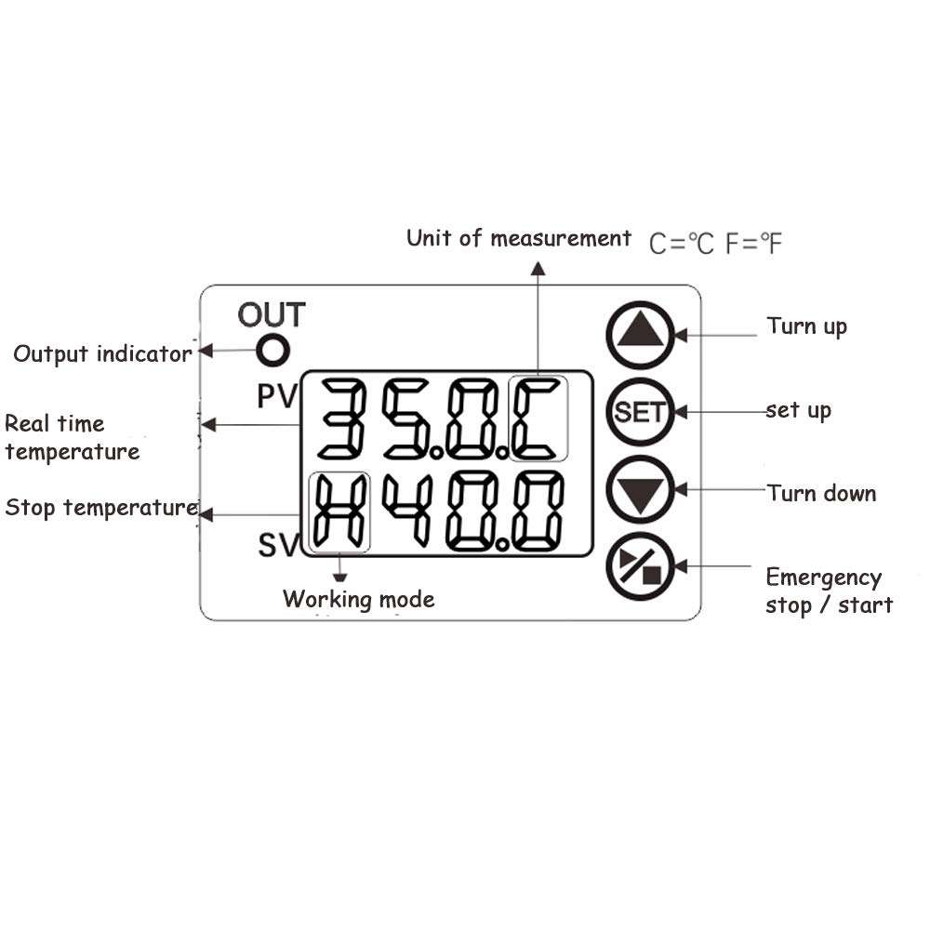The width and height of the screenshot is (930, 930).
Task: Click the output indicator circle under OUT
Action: click(273, 352)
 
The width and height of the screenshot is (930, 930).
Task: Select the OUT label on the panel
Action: click(271, 315)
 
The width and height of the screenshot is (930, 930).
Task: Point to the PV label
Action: click(276, 397)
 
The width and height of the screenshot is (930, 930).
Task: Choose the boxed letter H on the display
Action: click(339, 511)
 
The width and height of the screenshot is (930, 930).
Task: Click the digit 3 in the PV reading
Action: click(345, 418)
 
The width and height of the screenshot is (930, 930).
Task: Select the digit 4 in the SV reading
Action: click(411, 511)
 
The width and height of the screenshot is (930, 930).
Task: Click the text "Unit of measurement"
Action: click(518, 239)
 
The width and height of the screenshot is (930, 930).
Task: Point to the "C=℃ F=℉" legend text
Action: click(715, 244)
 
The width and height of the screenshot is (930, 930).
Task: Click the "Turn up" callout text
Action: click(806, 326)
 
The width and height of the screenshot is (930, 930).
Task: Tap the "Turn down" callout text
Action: click(821, 493)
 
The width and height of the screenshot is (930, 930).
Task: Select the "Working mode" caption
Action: click(358, 600)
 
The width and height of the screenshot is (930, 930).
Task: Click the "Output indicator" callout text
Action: click(102, 354)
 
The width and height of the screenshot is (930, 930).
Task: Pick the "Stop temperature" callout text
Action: click(100, 508)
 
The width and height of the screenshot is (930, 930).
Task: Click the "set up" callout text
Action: click(798, 410)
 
